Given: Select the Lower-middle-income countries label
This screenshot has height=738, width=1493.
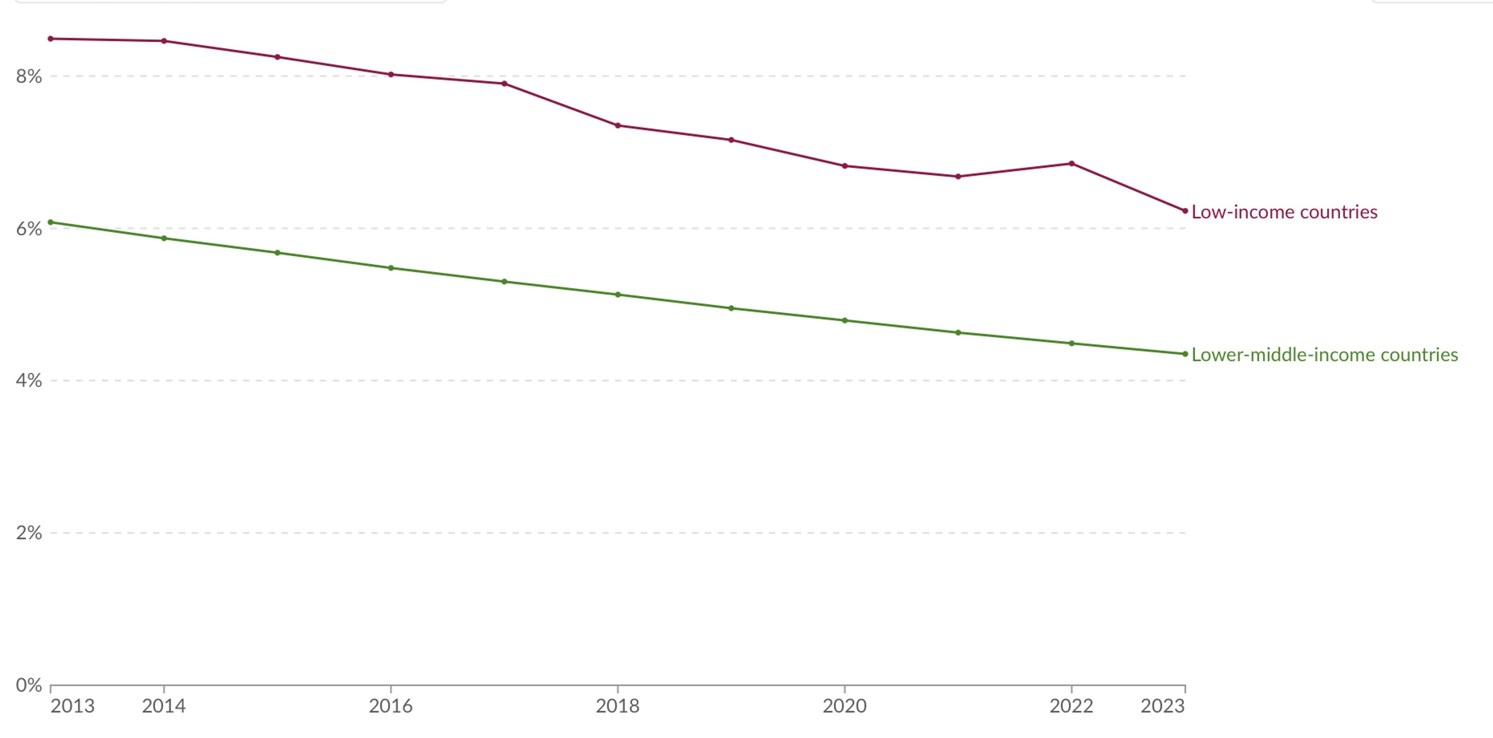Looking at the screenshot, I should point(1324,355).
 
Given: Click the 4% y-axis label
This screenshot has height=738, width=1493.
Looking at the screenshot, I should point(29,381).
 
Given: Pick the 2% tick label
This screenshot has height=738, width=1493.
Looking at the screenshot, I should point(29,533).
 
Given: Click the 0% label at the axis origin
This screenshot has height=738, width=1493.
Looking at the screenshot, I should point(29,685).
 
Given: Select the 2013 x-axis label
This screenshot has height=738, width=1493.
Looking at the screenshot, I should point(73,706).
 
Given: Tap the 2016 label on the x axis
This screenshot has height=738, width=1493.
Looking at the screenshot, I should point(390,706).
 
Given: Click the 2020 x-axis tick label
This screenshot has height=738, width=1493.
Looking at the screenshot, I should point(844,706).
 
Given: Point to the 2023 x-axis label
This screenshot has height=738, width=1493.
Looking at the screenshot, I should point(1162,706).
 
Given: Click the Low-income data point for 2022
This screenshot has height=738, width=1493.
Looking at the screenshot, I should point(1072,164).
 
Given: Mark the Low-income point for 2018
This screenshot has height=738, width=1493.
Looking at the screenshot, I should point(618,125).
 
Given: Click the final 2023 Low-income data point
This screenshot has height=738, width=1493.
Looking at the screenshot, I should point(1185,211).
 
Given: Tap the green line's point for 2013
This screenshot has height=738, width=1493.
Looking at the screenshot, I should point(51,222).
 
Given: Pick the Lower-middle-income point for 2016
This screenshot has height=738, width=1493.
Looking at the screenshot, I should point(390,268).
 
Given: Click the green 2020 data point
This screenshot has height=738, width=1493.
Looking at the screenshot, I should point(844,320).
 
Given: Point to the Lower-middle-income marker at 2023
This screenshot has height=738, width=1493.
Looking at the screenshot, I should point(1185,354).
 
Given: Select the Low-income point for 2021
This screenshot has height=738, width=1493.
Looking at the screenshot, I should point(958,176).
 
